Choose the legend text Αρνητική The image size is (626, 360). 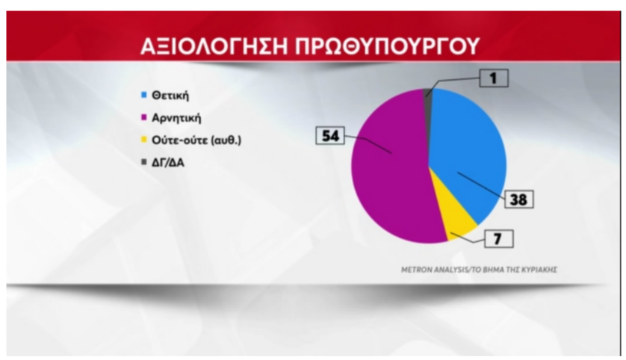click(x=176, y=117)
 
